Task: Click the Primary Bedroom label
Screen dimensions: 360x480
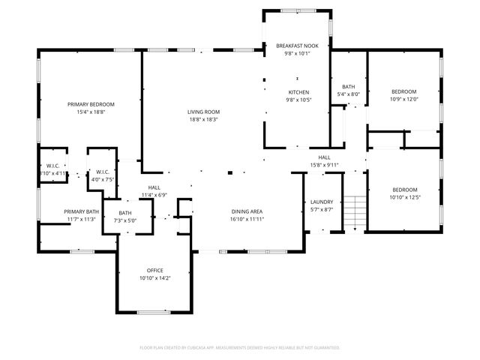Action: point(91,103)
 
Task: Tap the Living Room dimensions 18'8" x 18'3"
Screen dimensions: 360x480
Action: point(203,119)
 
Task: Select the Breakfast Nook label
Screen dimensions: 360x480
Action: point(297,46)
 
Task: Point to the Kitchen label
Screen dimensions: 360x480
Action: point(298,92)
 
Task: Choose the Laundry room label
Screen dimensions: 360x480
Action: point(321,202)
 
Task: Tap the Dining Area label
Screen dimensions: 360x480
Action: point(246,211)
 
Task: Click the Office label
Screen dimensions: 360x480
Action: point(155,270)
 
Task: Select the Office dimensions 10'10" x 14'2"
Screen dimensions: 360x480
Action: point(155,278)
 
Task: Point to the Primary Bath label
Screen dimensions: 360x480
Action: point(81,211)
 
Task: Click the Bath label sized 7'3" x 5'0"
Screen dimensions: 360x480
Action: point(124,213)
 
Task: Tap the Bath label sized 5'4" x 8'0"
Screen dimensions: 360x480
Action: point(349,86)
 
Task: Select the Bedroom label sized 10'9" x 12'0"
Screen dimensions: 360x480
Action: point(404,91)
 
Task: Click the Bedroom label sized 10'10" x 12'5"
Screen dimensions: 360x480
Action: point(404,189)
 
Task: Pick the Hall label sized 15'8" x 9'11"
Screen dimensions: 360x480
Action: point(325,157)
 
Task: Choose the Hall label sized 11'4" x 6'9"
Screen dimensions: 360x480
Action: point(154,187)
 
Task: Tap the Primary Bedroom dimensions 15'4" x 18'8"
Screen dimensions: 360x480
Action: point(91,112)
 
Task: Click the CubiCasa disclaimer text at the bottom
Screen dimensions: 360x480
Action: point(240,347)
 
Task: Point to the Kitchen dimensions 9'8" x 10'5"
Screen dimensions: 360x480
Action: point(298,100)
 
